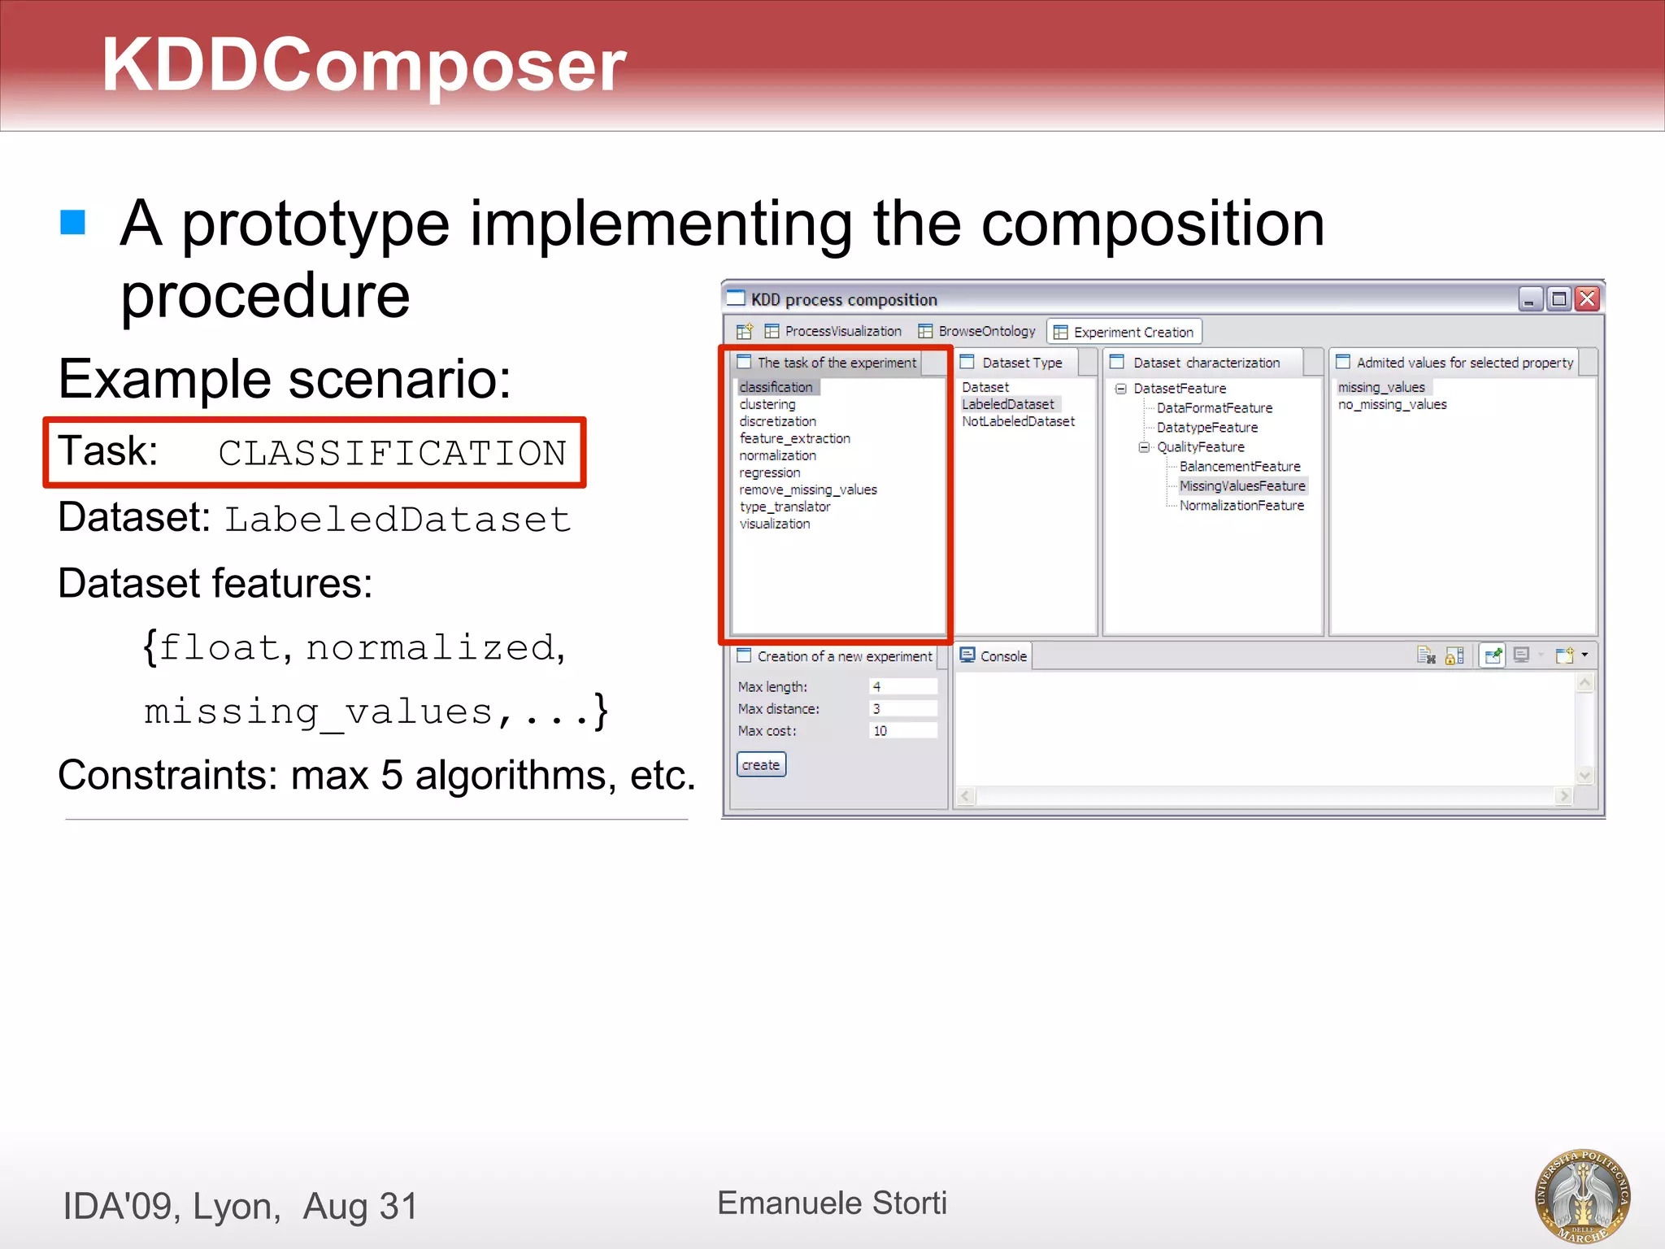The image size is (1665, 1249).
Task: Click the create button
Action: click(761, 764)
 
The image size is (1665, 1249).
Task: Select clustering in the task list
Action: click(767, 404)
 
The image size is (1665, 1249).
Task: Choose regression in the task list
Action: click(770, 472)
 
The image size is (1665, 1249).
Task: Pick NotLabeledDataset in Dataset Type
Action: click(1018, 421)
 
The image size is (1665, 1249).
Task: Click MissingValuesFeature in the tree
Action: click(1242, 485)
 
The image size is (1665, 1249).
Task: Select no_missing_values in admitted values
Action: click(1392, 404)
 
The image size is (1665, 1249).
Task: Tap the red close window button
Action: click(1587, 299)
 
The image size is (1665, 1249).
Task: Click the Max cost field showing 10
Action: click(902, 730)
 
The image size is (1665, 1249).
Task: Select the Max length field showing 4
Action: click(902, 686)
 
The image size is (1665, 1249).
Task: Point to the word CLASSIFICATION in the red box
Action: click(392, 453)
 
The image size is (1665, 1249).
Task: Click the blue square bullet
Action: click(73, 222)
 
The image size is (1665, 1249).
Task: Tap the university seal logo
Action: click(1582, 1195)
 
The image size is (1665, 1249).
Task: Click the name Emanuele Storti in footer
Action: click(832, 1203)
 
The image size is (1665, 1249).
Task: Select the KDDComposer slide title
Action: click(363, 65)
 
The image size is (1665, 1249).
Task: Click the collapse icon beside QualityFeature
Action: click(1144, 447)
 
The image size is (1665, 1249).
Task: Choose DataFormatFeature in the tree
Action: click(1215, 408)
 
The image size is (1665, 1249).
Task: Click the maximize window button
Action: click(1558, 299)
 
